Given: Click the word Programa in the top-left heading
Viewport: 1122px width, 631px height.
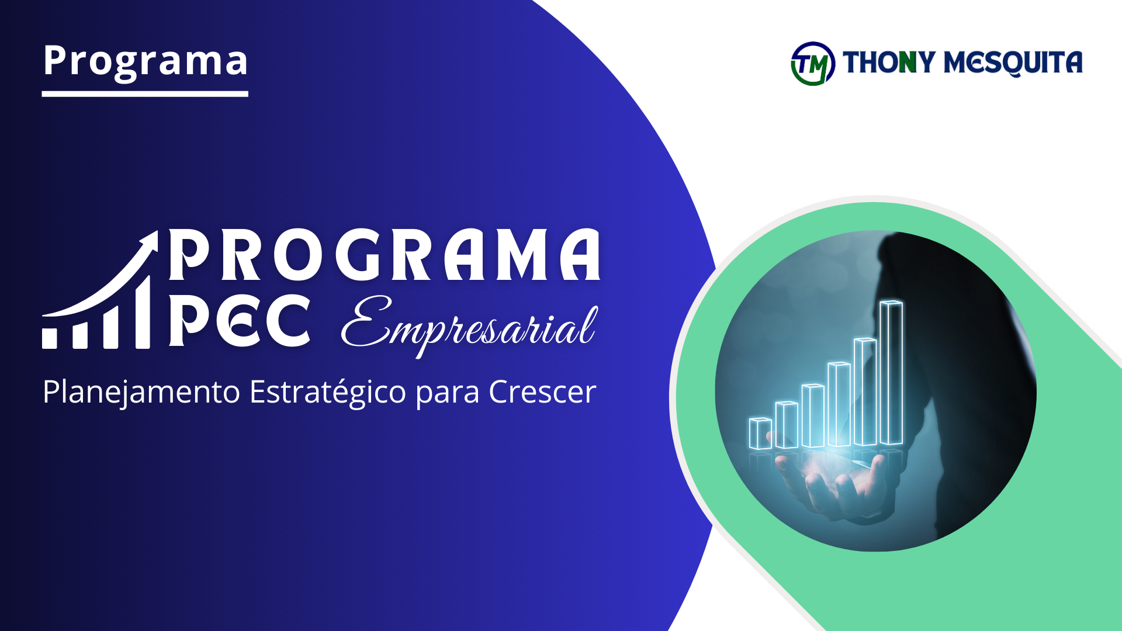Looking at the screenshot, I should [x=145, y=61].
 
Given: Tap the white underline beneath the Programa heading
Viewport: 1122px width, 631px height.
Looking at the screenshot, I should [x=145, y=93].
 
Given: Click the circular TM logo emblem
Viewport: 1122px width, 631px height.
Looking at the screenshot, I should [x=812, y=64].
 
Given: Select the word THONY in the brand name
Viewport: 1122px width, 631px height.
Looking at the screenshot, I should [x=889, y=63].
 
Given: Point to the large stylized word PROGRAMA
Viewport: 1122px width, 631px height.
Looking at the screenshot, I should [x=385, y=255].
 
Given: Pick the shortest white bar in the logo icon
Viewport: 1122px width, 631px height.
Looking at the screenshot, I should [x=50, y=338].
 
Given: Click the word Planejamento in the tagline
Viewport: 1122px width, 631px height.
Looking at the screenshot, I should [x=141, y=391].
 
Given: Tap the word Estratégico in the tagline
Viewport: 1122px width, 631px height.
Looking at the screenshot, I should [x=327, y=391].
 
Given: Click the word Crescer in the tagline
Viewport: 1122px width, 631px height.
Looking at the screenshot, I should [x=542, y=391].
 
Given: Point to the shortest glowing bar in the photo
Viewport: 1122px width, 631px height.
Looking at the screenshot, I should [x=760, y=434].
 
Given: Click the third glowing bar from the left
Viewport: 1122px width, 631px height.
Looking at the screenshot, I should [x=812, y=415].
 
